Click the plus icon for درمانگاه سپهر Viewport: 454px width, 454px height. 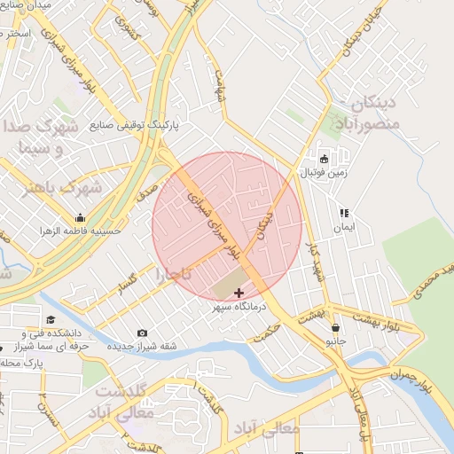(239, 293)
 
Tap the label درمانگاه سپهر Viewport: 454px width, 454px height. (239, 308)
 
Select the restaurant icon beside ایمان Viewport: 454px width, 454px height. (344, 214)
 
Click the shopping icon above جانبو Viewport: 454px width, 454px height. (335, 328)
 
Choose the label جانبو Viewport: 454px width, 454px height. (336, 341)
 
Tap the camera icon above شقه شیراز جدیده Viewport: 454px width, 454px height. (143, 333)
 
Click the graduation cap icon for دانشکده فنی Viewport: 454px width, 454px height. (51, 320)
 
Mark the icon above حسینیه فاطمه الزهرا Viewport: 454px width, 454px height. (81, 218)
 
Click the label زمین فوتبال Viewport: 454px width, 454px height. (325, 174)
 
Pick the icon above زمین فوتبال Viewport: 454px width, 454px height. (325, 160)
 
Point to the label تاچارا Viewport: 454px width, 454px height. (174, 274)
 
